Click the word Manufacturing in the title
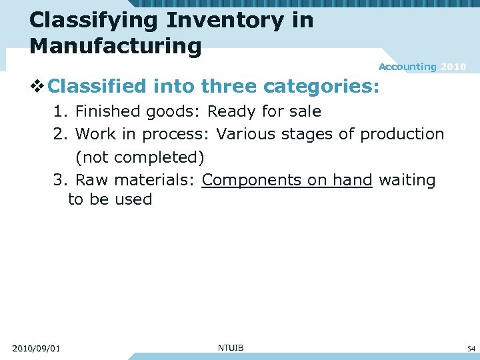tap(115, 46)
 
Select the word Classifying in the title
tap(94, 20)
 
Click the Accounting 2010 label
tap(422, 67)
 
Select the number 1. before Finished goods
tap(61, 111)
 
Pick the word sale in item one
tap(305, 111)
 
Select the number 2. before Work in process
tap(61, 134)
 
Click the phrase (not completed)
tap(139, 157)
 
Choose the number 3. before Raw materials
tap(61, 180)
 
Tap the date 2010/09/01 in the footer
tap(36, 348)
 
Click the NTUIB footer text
tap(231, 347)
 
